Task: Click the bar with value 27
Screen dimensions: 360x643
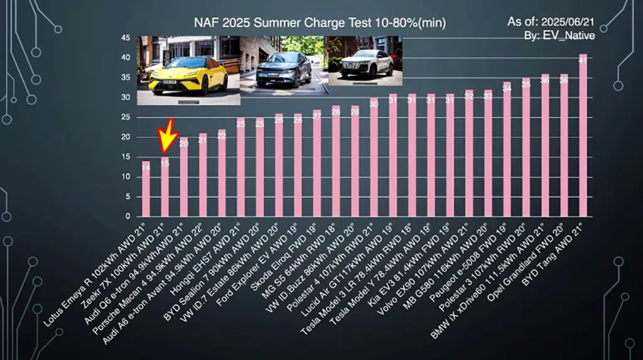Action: [317, 163]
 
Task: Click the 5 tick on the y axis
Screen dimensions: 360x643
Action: [127, 197]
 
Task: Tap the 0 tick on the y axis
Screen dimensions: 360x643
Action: [127, 216]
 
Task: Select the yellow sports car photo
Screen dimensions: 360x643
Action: [188, 70]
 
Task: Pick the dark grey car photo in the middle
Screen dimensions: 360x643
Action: [283, 64]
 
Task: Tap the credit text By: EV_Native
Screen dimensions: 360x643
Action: [559, 36]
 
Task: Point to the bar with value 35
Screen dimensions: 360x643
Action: [526, 147]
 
